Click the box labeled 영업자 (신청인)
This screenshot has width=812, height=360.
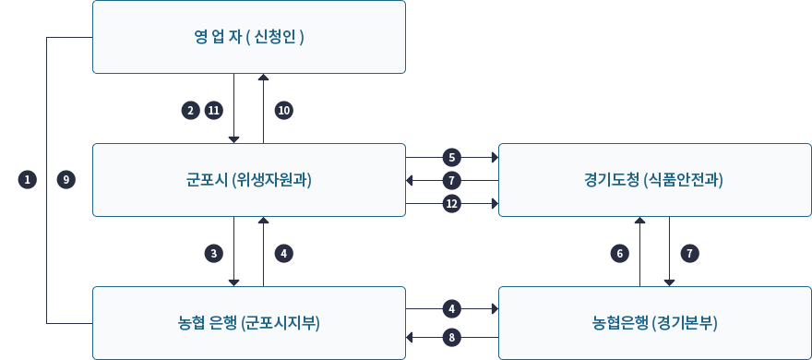click(249, 37)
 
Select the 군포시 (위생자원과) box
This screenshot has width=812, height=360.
click(249, 180)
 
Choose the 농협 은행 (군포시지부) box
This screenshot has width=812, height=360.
click(249, 322)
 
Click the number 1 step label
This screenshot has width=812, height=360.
click(28, 180)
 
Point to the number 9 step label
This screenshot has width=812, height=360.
click(65, 180)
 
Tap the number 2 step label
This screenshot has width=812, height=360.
click(190, 110)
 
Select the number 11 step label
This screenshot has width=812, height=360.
click(214, 110)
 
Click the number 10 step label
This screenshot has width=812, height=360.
click(284, 110)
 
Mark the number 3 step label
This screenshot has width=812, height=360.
click(214, 252)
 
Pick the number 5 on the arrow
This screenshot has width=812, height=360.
click(452, 156)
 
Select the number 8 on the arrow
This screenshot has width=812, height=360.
click(452, 337)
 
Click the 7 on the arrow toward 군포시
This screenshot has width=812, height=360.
click(452, 180)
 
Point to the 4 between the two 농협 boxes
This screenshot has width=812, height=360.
click(452, 307)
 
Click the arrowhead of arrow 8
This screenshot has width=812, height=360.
click(411, 337)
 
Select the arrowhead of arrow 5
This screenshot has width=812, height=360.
click(493, 156)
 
